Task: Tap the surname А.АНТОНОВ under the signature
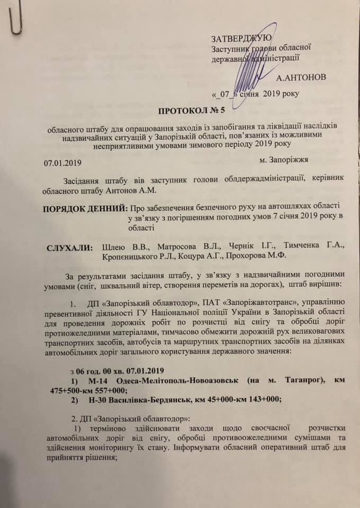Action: pyautogui.click(x=301, y=77)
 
